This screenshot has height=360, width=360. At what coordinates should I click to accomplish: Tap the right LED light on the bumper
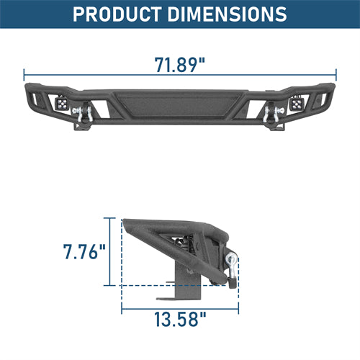pyautogui.click(x=296, y=105)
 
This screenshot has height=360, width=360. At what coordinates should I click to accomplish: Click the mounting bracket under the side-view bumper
pyautogui.click(x=170, y=285)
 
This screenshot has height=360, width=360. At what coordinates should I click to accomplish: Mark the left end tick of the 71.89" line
pyautogui.click(x=24, y=73)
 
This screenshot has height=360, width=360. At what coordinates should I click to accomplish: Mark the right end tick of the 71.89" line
pyautogui.click(x=336, y=73)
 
